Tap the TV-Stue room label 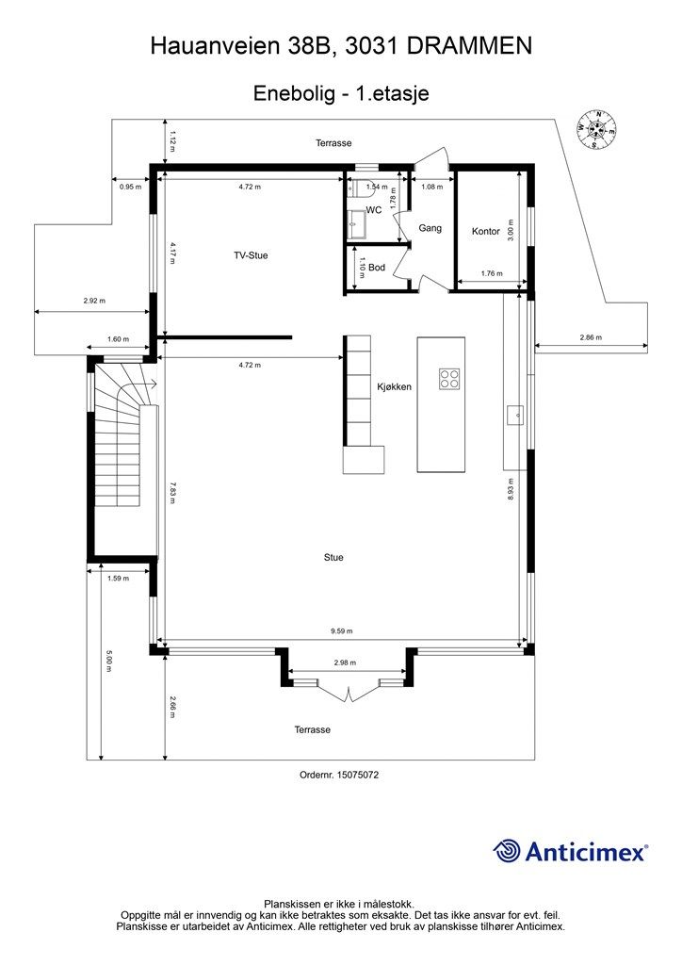[252, 254]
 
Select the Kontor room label [485, 231]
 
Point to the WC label [374, 210]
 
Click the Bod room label [377, 268]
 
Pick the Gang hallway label [430, 228]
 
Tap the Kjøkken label [394, 386]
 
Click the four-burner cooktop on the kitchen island [449, 379]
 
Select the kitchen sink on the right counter [515, 414]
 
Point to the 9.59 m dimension [341, 631]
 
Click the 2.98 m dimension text [345, 663]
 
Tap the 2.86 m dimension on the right [591, 337]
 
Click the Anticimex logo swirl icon [508, 851]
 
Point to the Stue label [333, 557]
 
